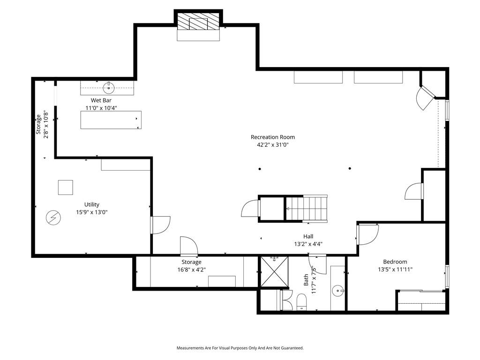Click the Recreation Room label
pyautogui.click(x=273, y=137)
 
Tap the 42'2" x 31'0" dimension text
pyautogui.click(x=273, y=145)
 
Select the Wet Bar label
pyautogui.click(x=101, y=100)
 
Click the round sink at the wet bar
pyautogui.click(x=109, y=88)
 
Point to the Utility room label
pyautogui.click(x=92, y=204)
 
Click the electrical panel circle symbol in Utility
pyautogui.click(x=53, y=218)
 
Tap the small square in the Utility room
pyautogui.click(x=66, y=187)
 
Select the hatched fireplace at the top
pyautogui.click(x=198, y=22)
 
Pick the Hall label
pyautogui.click(x=308, y=236)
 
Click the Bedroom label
pyautogui.click(x=395, y=262)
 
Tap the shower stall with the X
pyautogui.click(x=274, y=272)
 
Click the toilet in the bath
pyautogui.click(x=301, y=302)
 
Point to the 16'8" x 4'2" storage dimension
pyautogui.click(x=191, y=270)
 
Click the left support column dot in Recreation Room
pyautogui.click(x=260, y=169)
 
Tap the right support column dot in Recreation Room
pyautogui.click(x=350, y=168)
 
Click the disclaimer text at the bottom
pyautogui.click(x=240, y=348)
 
